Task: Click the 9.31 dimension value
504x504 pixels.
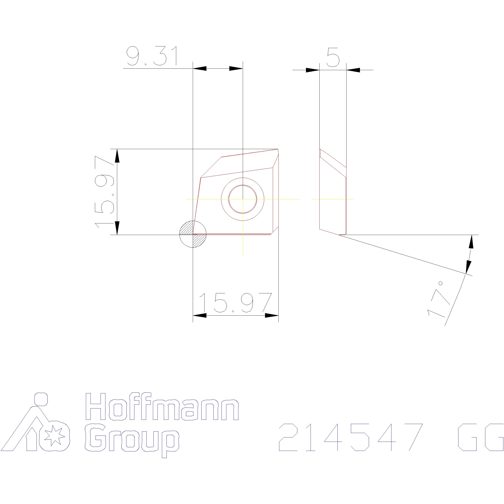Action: [x=153, y=56]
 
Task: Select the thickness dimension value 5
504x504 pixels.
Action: [x=333, y=57]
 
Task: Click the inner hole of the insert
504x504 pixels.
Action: [x=243, y=199]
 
